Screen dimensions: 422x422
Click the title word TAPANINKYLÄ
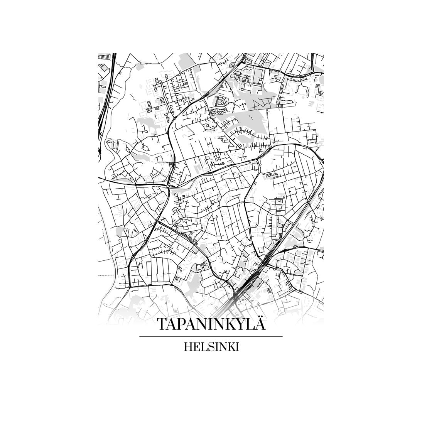point(211,324)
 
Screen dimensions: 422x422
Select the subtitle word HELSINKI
point(211,346)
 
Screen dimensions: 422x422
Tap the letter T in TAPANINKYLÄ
point(162,324)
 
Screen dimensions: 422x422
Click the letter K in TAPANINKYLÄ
point(230,324)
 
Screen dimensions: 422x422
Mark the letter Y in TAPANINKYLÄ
point(241,324)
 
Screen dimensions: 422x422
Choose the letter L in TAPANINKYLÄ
point(251,324)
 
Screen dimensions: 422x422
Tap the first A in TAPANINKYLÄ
point(172,324)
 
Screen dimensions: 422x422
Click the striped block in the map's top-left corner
point(104,56)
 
